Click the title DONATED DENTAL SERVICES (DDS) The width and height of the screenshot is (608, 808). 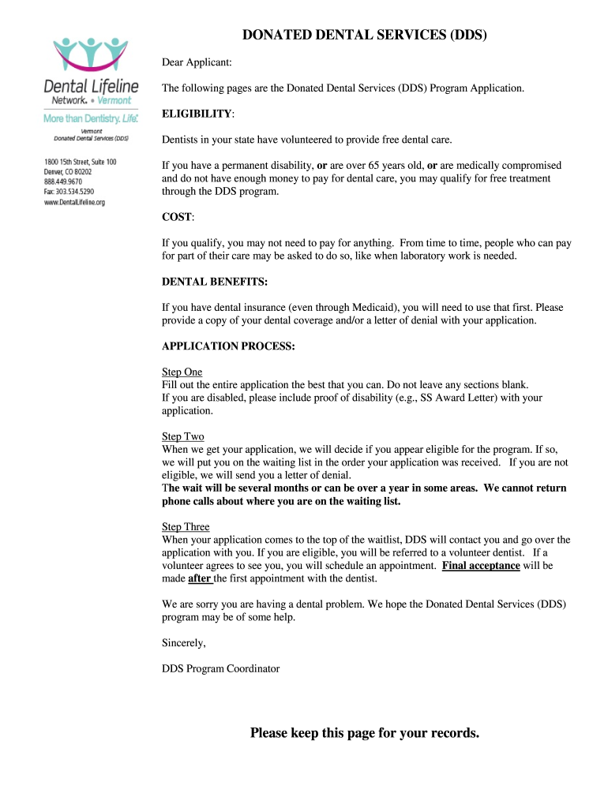(364, 36)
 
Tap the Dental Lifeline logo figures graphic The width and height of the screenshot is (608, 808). (91, 53)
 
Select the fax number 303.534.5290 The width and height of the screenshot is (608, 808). (69, 192)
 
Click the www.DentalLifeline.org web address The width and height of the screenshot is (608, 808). (74, 202)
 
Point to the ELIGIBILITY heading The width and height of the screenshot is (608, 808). (197, 114)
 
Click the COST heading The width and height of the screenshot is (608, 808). (177, 217)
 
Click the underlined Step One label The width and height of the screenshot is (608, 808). (182, 372)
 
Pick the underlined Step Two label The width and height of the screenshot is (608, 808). (182, 436)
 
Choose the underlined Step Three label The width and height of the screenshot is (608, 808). (186, 526)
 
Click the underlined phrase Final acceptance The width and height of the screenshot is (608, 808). (480, 566)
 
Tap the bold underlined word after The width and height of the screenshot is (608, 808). (199, 578)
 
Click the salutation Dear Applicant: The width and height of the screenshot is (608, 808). (197, 62)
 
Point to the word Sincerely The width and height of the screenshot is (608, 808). (183, 643)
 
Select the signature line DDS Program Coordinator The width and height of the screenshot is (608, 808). (220, 668)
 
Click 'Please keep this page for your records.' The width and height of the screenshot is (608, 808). (364, 733)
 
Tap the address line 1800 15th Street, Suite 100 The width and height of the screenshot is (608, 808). (80, 162)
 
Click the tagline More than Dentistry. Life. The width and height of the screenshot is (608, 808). (91, 118)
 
